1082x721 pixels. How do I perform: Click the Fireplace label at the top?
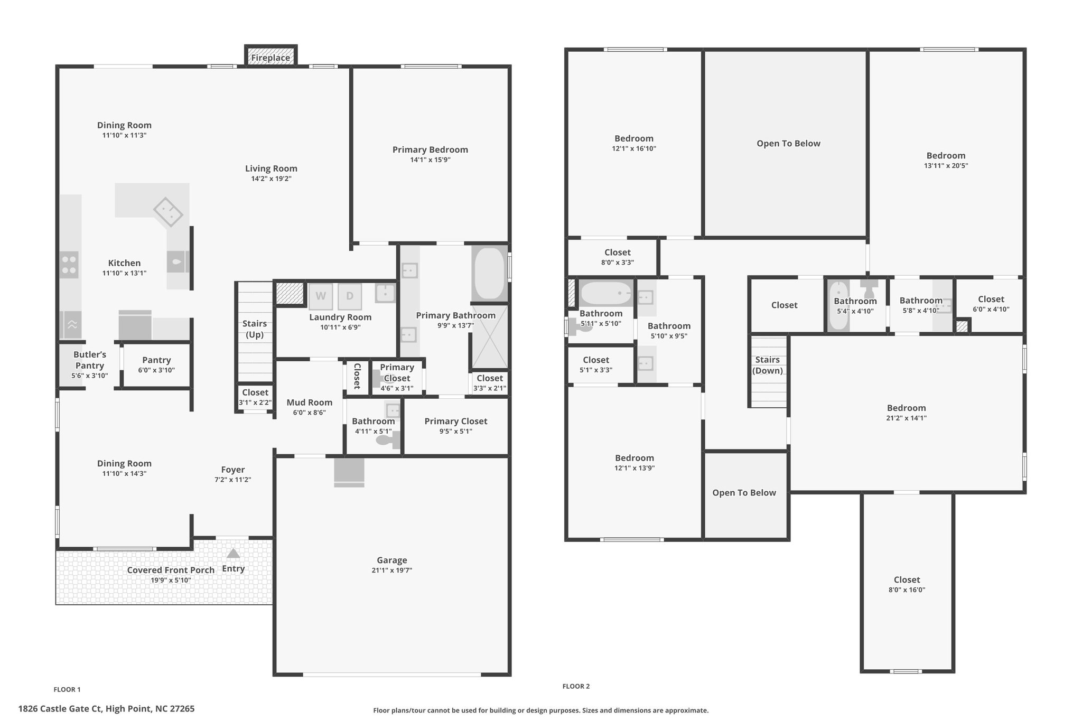point(270,58)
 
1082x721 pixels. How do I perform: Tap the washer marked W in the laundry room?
point(321,296)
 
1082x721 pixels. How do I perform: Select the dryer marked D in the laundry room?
point(350,296)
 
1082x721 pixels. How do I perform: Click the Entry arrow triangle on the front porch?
point(233,553)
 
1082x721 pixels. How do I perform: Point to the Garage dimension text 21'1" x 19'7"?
point(392,570)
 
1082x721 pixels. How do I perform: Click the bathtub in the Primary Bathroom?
point(489,273)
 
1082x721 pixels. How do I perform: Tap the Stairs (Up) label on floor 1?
point(255,329)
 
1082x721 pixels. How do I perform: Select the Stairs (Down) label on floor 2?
point(768,365)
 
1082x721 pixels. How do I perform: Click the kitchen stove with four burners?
point(69,265)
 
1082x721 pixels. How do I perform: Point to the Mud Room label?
point(310,402)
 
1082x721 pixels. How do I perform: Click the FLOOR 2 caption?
point(576,686)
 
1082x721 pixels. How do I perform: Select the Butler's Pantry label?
point(90,360)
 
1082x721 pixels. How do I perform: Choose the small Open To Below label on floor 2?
point(744,493)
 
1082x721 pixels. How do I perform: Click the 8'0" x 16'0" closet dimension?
point(907,590)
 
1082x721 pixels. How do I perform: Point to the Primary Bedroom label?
point(430,149)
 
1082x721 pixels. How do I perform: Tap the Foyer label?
point(233,470)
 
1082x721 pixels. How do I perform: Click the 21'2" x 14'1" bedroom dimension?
point(907,418)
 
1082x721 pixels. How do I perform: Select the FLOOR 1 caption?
point(67,689)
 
